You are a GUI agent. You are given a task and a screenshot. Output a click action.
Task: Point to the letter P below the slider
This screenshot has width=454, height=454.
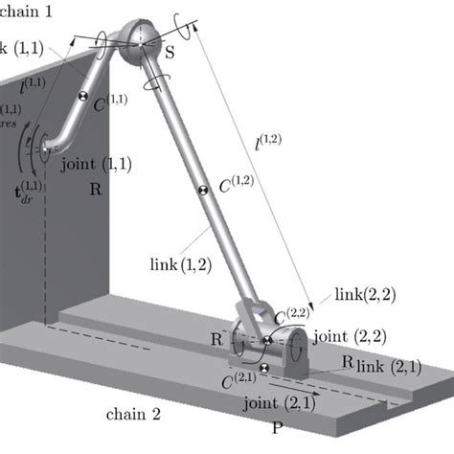pyautogui.click(x=278, y=428)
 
